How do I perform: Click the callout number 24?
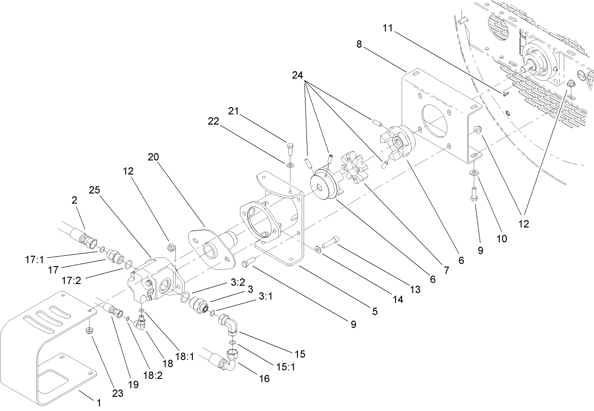[x=297, y=75]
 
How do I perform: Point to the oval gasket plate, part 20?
[x=210, y=248]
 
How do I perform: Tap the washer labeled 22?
[x=289, y=165]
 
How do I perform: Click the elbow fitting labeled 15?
[x=229, y=325]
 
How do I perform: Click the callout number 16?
[x=264, y=378]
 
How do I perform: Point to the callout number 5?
[x=375, y=312]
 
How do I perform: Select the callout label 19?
[x=133, y=384]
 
